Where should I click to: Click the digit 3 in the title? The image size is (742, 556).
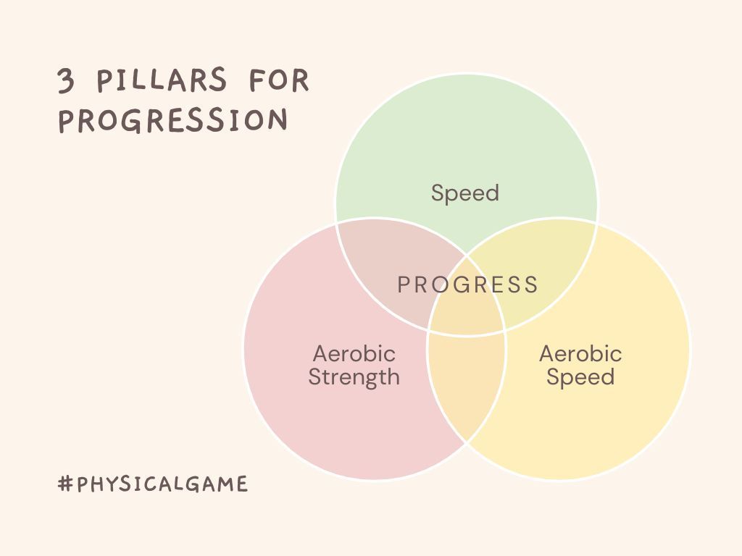tap(67, 80)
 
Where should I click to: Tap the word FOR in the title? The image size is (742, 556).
tap(279, 80)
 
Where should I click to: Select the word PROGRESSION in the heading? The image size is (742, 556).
tap(173, 120)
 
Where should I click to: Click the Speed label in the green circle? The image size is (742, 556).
tap(464, 193)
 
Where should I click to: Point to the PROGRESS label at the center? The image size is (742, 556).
tap(468, 285)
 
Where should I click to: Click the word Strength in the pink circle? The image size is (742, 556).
tap(354, 377)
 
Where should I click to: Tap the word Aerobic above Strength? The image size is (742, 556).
tap(354, 354)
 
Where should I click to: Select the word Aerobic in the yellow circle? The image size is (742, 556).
tap(580, 354)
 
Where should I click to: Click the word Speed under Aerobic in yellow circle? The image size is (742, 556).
tap(580, 377)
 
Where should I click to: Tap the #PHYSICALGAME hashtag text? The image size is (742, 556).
tap(153, 484)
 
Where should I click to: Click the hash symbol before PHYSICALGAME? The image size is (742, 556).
tap(65, 484)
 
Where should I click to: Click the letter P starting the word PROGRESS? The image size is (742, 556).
tap(404, 285)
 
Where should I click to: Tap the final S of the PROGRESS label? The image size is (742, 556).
tap(532, 285)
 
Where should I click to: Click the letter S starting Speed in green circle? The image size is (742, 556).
tap(438, 193)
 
